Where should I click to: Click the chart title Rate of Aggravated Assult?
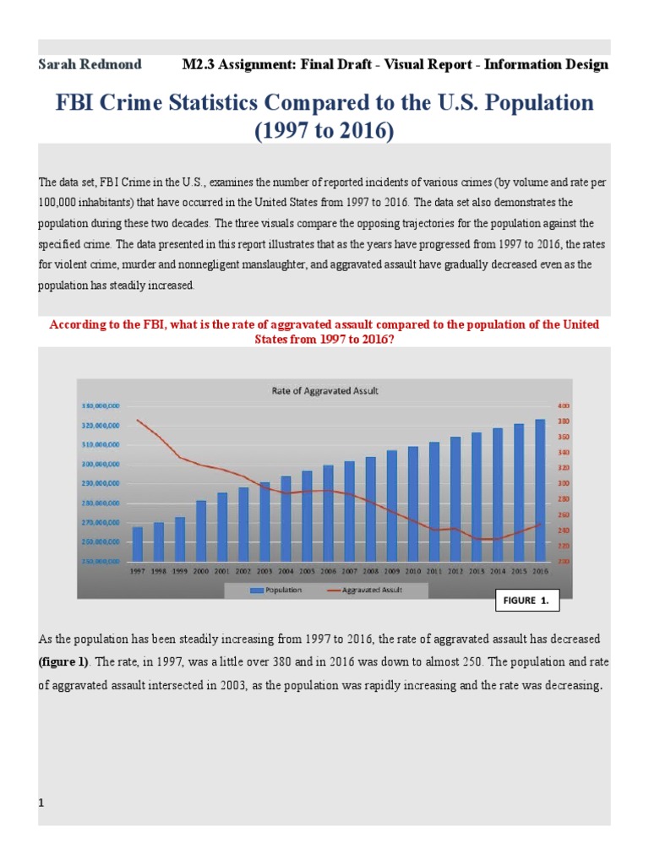click(324, 390)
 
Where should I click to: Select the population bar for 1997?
click(137, 544)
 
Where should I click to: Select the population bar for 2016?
click(540, 490)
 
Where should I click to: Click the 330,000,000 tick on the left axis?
click(100, 406)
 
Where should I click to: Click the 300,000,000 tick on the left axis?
click(100, 464)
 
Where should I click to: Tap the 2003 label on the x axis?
click(264, 571)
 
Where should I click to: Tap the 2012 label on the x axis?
click(455, 571)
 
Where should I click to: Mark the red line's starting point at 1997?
click(137, 420)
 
